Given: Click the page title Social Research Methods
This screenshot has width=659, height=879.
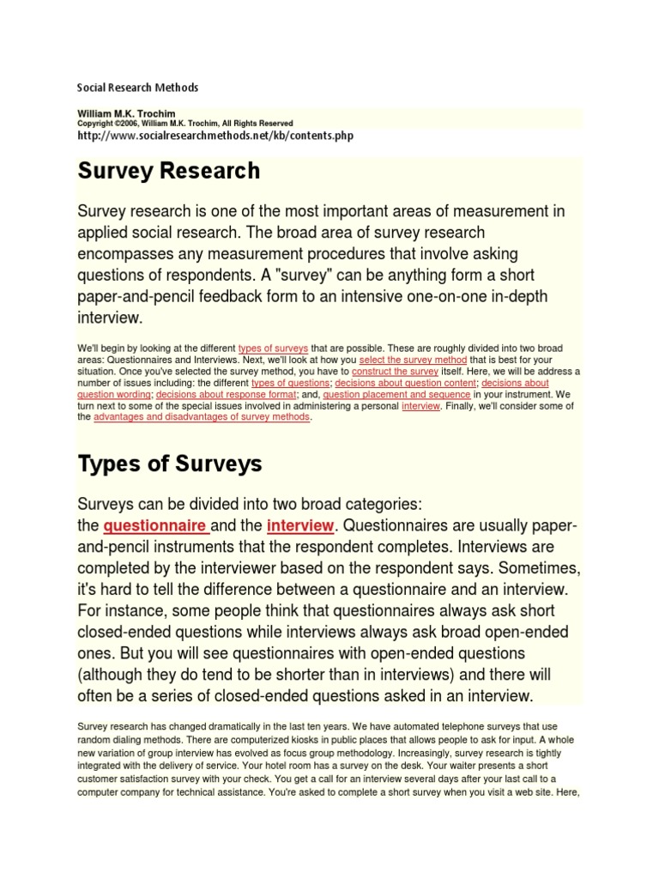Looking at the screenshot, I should pos(138,88).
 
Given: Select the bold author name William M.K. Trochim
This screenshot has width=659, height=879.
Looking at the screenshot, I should pos(125,112).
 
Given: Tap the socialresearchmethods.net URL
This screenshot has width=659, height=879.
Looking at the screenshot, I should pos(215,136).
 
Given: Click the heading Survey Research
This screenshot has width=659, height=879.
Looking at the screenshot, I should pos(169,171).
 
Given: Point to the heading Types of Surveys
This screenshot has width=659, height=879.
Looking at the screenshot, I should pos(170,464).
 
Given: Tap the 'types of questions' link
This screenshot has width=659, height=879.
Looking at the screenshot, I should pos(295,383).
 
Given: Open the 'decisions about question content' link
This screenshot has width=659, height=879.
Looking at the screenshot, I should pos(405,383).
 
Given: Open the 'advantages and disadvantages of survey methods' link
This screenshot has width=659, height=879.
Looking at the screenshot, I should pos(202,418).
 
